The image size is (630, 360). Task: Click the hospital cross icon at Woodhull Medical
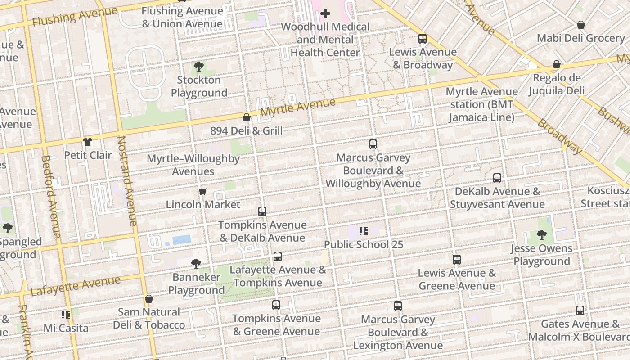coord(325,13)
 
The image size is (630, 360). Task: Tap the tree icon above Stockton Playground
coord(198,67)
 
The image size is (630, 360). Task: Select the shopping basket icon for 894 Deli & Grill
coord(247,118)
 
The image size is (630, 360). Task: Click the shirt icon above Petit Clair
coord(88,142)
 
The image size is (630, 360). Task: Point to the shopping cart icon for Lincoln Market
coord(203,191)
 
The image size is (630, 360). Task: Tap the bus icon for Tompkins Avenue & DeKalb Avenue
coord(262,211)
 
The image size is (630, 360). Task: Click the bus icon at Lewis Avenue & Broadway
coord(422,39)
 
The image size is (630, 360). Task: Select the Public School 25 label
coord(364,245)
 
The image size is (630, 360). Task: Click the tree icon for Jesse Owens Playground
coord(542,235)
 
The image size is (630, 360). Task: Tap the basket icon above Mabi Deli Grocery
coord(581,25)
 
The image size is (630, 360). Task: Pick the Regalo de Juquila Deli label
coord(557,84)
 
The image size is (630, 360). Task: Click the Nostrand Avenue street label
coord(126,180)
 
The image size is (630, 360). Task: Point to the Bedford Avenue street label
coord(50,197)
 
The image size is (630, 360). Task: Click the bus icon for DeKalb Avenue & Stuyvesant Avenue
coord(497,178)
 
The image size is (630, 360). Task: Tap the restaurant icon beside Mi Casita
coord(66,315)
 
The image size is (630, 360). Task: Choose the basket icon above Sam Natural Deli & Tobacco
coord(149,299)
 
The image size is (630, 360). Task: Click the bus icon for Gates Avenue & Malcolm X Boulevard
coord(580,310)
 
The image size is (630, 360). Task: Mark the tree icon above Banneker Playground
coord(196,264)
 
